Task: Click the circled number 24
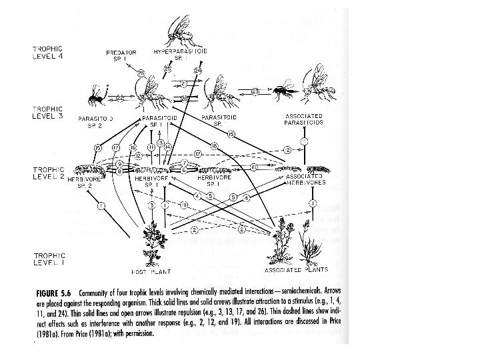pos(198,71)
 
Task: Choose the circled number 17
pos(116,147)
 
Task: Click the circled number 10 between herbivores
pos(254,165)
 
